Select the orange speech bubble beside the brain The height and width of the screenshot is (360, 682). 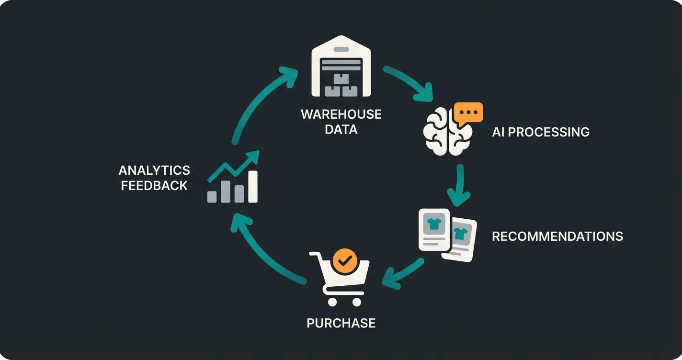pyautogui.click(x=468, y=113)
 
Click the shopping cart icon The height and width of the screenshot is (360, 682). pyautogui.click(x=341, y=278)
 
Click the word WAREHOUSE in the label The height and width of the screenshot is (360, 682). pyautogui.click(x=341, y=115)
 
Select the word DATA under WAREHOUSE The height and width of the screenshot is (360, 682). pyautogui.click(x=341, y=129)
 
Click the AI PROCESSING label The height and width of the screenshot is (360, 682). pyautogui.click(x=541, y=132)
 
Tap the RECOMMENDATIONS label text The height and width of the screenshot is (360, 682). pyautogui.click(x=557, y=236)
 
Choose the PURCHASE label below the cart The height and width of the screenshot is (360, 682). pyautogui.click(x=341, y=323)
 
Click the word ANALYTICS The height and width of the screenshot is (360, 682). pyautogui.click(x=154, y=170)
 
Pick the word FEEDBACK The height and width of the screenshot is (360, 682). pyautogui.click(x=154, y=186)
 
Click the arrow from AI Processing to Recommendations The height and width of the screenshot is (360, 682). pyautogui.click(x=460, y=184)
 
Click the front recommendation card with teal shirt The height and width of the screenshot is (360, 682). pyautogui.click(x=434, y=229)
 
